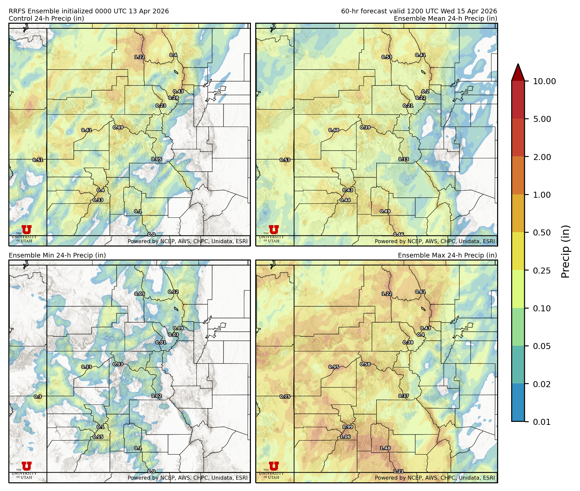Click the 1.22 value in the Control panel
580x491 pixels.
point(140,57)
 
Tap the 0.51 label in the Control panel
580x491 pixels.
point(38,160)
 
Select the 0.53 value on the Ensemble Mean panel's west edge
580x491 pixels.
point(285,160)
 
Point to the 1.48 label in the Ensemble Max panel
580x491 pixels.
point(385,448)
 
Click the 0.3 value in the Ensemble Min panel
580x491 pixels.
point(38,397)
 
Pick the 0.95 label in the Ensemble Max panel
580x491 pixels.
point(334,367)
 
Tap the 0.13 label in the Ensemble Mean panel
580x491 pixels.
point(404,159)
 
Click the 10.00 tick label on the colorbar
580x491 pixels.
point(544,81)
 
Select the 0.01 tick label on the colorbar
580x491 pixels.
point(542,422)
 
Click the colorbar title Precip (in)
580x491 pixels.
point(565,251)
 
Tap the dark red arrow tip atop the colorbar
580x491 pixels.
point(518,71)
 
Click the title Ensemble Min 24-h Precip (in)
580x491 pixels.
point(57,255)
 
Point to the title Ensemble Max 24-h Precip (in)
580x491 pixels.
point(447,255)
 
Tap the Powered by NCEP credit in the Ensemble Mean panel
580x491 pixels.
point(434,241)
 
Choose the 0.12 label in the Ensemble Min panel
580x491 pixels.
point(173,292)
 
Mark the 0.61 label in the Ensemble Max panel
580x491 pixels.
point(420,292)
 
